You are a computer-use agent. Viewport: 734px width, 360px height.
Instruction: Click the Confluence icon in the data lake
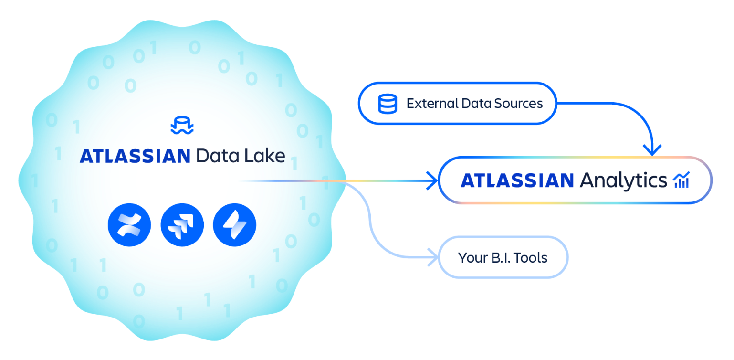129,224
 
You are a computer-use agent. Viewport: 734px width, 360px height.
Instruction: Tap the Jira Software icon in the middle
182,224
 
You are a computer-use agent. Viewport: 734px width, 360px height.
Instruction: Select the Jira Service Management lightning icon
234,224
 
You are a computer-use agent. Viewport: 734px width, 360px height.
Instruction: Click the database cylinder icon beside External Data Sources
387,104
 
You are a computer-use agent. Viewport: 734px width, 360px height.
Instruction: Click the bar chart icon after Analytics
681,180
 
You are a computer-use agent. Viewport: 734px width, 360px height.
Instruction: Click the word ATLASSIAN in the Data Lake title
135,156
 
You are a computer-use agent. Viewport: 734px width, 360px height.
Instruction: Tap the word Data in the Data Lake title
214,156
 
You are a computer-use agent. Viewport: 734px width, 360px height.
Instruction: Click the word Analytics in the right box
623,180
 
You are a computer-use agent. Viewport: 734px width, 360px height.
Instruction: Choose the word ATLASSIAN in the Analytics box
517,180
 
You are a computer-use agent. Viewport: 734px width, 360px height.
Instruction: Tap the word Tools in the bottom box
531,258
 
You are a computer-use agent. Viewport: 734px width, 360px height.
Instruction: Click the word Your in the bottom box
472,258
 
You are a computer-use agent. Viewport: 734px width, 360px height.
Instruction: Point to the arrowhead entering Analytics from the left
432,180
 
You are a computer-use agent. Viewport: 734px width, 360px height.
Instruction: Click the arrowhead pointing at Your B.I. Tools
432,258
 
